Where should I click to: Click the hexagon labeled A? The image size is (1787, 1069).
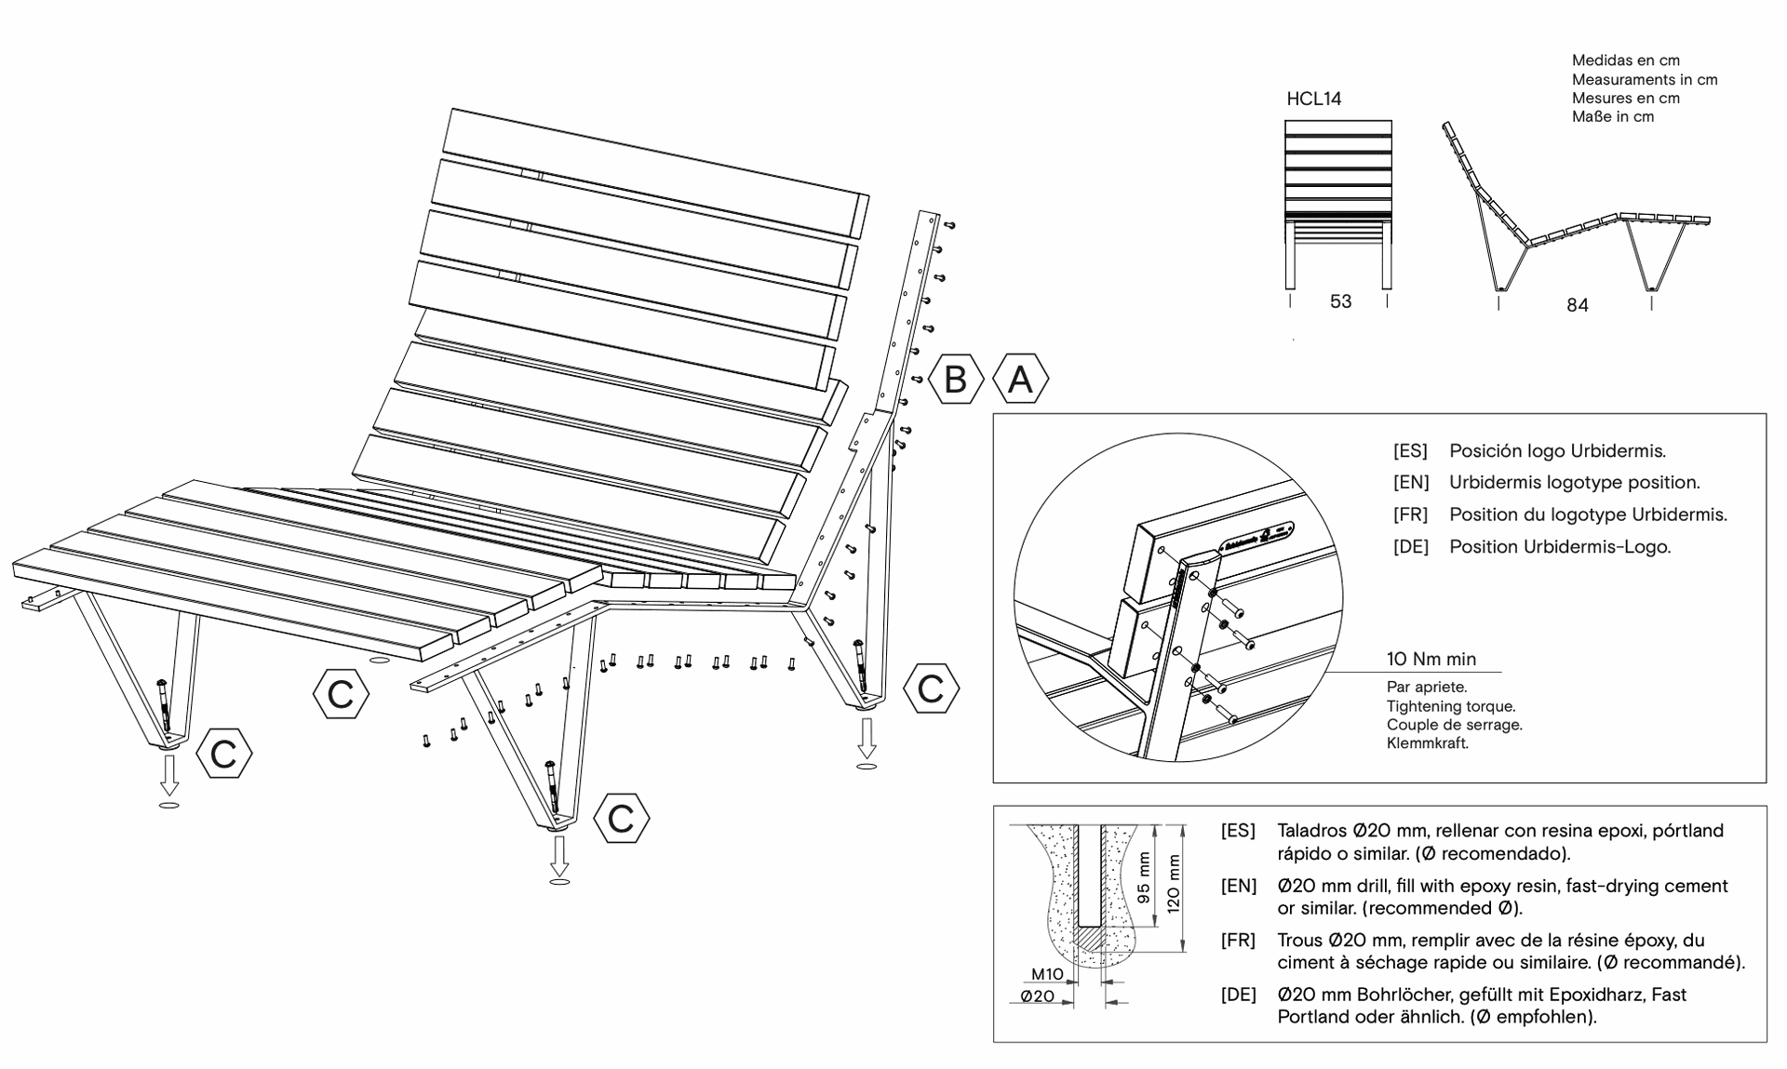coord(1021,380)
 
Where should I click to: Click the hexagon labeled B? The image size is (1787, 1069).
coord(956,380)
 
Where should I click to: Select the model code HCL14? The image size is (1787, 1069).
coord(1313,99)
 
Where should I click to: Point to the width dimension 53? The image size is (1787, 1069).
coord(1340,301)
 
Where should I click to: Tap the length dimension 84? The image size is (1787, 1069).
coord(1577,305)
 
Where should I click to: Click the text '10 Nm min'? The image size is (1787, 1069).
coord(1431,660)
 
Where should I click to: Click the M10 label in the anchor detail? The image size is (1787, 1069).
coord(1047,974)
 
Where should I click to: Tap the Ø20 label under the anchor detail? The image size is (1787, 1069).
coord(1038,996)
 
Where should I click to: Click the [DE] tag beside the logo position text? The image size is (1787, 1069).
coord(1410,547)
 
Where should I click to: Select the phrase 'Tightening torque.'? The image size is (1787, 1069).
coord(1450,706)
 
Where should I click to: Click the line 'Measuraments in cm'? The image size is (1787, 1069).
coord(1644,80)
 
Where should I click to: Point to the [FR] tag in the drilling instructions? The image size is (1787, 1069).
coord(1238,941)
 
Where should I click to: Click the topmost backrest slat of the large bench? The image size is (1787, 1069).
coord(656,172)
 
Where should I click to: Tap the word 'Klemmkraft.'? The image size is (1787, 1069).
coord(1427,743)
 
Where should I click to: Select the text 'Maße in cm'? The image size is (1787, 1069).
coord(1612,117)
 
